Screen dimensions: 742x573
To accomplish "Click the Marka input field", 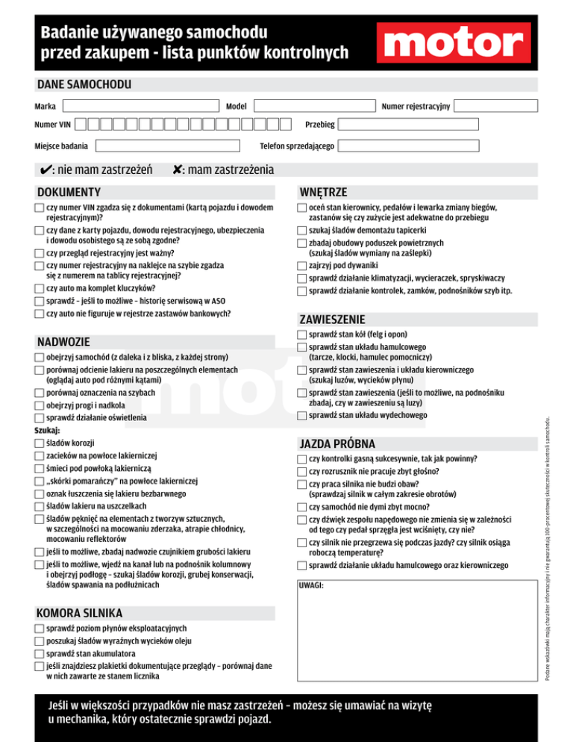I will [143, 107].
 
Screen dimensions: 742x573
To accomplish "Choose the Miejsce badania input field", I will [166, 145].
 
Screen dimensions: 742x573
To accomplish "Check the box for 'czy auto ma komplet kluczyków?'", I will [39, 288].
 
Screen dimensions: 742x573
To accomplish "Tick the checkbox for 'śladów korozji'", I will [39, 443].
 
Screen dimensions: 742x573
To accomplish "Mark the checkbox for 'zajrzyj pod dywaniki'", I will [301, 265].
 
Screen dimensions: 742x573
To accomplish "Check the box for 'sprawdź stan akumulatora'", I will [39, 653].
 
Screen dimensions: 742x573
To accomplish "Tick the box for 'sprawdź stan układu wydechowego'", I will [301, 415].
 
